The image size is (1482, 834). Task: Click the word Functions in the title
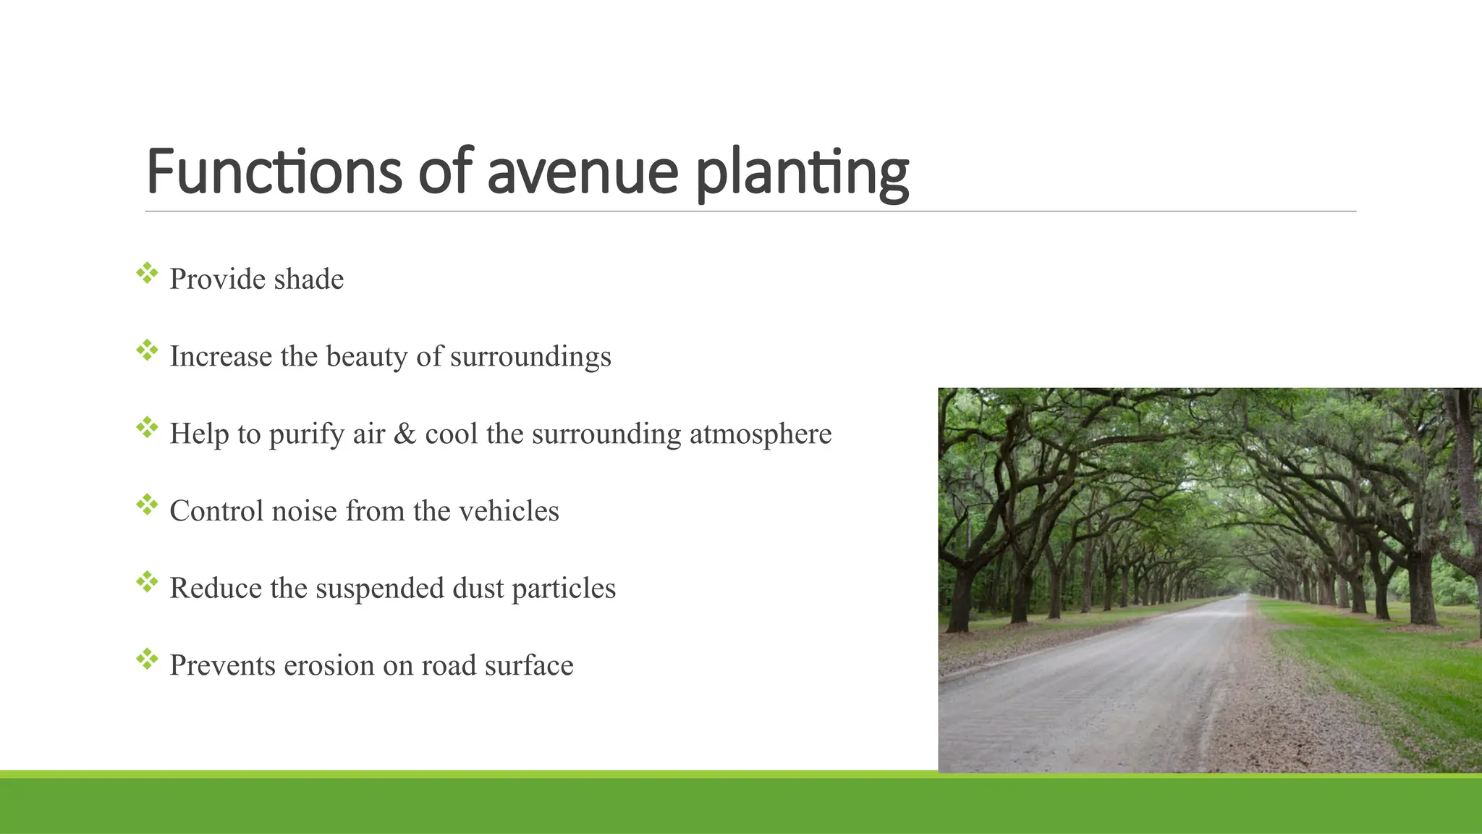pyautogui.click(x=274, y=172)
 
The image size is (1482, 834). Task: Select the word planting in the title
pyautogui.click(x=802, y=174)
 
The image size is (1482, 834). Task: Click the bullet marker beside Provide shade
pyautogui.click(x=147, y=273)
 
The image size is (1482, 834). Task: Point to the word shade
pyautogui.click(x=308, y=279)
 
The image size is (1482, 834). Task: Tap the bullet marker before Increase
pyautogui.click(x=147, y=350)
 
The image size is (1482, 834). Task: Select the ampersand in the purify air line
pyautogui.click(x=405, y=434)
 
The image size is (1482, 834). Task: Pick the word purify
pyautogui.click(x=307, y=435)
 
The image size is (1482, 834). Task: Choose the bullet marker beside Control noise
pyautogui.click(x=147, y=505)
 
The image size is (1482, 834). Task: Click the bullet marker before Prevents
pyautogui.click(x=147, y=659)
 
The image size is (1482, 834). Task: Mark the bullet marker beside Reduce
pyautogui.click(x=147, y=582)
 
